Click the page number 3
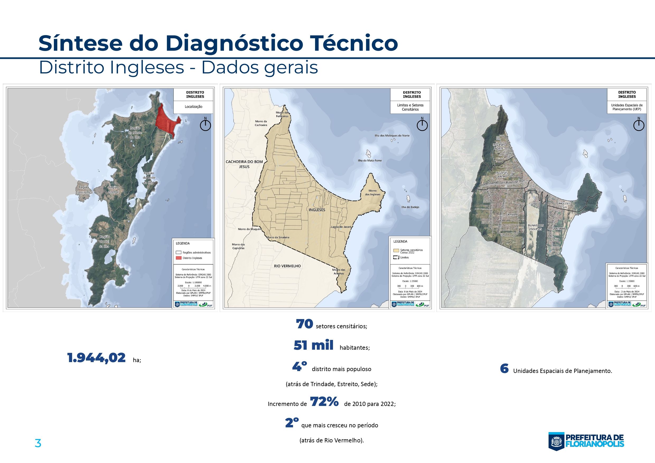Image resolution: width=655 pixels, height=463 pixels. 38,444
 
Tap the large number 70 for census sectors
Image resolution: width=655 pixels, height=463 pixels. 305,324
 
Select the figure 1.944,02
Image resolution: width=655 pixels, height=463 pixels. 96,358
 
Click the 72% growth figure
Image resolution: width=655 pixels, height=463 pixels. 324,402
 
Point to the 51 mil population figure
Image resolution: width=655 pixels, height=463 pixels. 314,345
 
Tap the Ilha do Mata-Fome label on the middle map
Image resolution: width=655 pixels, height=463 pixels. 370,161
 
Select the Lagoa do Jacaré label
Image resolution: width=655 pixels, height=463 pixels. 341,227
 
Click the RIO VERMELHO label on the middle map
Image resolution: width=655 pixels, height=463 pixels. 287,266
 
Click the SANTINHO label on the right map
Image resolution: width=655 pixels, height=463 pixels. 559,229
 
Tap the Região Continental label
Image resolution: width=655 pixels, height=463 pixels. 84,190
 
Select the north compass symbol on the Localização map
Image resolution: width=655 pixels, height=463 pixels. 205,125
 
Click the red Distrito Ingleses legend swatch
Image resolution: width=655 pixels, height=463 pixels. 179,258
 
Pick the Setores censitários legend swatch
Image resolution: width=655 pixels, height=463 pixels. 396,251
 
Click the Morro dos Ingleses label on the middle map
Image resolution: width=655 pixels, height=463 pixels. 373,193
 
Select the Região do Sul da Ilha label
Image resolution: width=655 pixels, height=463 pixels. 105,241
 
